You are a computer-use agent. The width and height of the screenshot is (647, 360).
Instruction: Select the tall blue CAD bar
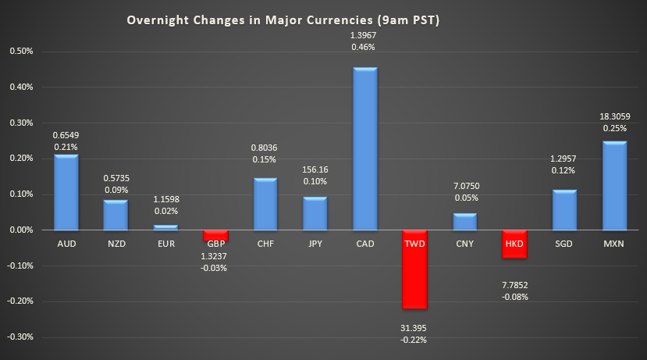[x=364, y=149]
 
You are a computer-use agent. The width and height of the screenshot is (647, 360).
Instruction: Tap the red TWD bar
[x=414, y=269]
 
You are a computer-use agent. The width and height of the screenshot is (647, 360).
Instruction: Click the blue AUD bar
[x=66, y=192]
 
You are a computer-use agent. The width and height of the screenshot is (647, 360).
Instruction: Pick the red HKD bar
[x=514, y=244]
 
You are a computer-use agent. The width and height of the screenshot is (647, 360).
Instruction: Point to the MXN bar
[x=613, y=186]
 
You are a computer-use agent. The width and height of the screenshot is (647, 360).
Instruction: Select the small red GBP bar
[x=215, y=235]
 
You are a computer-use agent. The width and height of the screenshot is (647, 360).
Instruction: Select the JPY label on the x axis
[x=315, y=244]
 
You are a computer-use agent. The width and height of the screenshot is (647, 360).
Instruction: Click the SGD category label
[x=563, y=244]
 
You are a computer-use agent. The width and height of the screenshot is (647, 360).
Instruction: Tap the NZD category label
[x=116, y=244]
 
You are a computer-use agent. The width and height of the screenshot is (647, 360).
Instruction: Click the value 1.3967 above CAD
[x=364, y=35]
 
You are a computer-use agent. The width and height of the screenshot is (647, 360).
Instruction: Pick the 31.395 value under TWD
[x=414, y=327]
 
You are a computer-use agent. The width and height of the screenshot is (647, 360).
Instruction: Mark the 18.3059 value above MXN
[x=613, y=116]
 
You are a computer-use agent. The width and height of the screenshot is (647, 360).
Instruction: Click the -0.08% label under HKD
[x=514, y=297]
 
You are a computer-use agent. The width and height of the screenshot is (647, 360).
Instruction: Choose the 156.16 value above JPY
[x=315, y=169]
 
